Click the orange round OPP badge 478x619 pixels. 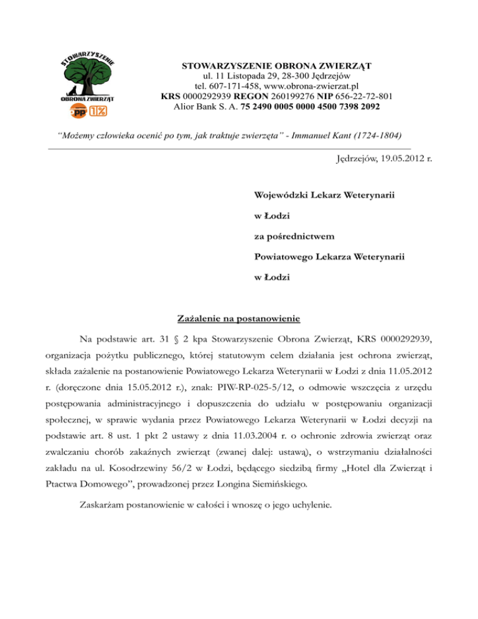[x=79, y=111]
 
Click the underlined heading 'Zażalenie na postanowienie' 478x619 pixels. [x=239, y=319]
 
